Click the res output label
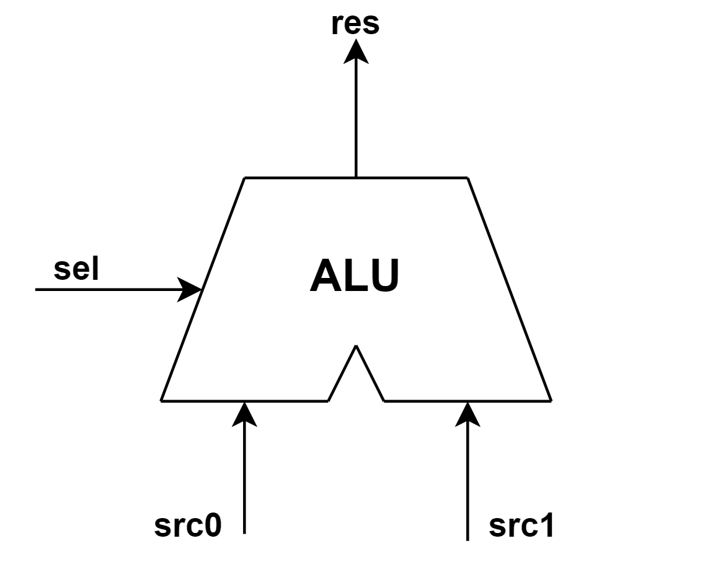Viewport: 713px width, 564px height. (355, 24)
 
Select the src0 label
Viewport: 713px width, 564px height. (188, 526)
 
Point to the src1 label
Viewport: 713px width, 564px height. (521, 526)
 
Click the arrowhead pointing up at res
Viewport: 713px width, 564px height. (356, 51)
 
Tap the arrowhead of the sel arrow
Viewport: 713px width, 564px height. (190, 289)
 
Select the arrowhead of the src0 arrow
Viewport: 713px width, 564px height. (244, 413)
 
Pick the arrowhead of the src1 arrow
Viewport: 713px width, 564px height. (467, 413)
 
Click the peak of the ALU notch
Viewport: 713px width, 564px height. (356, 346)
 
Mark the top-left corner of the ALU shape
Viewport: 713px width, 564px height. (245, 178)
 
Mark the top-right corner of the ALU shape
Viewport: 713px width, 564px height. (467, 178)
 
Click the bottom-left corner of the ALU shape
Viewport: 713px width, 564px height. (161, 400)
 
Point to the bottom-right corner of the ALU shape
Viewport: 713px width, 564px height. (551, 400)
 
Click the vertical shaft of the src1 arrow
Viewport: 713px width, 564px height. (467, 484)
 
